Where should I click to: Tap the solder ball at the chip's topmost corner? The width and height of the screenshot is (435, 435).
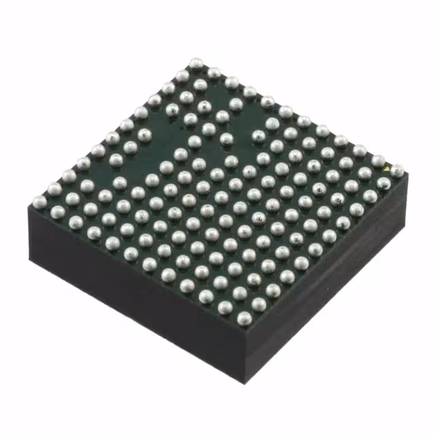click(196, 63)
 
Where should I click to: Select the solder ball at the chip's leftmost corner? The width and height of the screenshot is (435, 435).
click(39, 201)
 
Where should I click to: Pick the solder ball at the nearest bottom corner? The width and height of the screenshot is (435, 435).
click(245, 317)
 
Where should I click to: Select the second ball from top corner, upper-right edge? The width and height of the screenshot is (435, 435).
click(213, 72)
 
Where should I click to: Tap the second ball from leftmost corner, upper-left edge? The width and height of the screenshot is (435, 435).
click(53, 188)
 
